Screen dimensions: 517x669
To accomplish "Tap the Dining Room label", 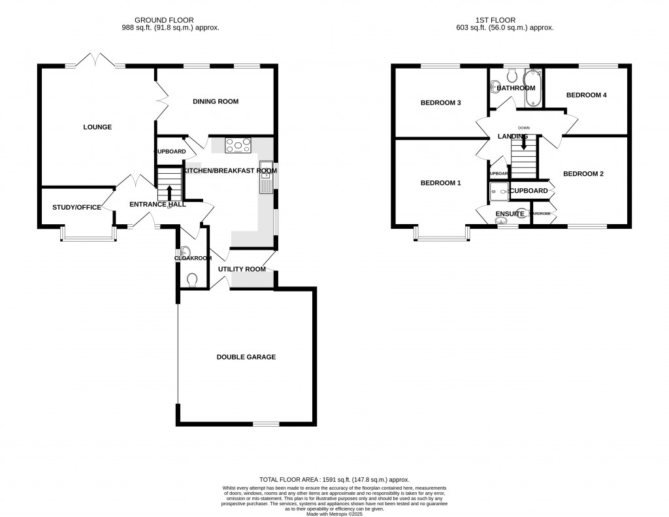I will point(216,101).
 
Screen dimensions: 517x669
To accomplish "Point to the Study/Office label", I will point(76,207).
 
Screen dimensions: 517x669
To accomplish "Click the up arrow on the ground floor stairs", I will point(170,192).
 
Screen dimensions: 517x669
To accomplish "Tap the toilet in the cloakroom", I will point(192,280).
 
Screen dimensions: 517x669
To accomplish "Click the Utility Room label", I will point(242,269).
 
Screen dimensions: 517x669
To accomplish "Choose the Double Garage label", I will point(246,357).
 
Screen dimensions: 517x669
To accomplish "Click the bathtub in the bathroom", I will point(533,88).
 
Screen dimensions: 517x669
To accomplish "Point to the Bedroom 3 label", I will point(440,103).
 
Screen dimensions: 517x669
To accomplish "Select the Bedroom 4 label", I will point(586,95).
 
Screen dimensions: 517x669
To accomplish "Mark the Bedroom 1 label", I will point(440,183).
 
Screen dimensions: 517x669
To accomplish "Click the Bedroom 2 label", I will point(583,174).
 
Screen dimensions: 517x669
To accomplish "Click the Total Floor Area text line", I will point(334,479).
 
